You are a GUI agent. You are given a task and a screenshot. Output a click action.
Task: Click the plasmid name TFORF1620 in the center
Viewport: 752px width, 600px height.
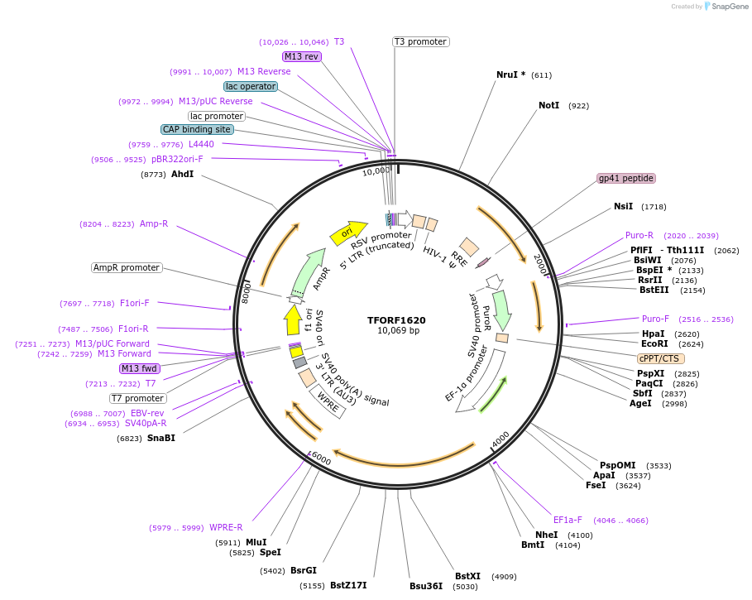click(x=396, y=319)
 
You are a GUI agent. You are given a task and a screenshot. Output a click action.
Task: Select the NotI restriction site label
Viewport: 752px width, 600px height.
click(x=549, y=106)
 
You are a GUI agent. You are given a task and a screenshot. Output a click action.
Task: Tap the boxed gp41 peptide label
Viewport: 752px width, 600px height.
click(x=626, y=178)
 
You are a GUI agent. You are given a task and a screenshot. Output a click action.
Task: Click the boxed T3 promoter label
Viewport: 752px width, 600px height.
click(x=420, y=41)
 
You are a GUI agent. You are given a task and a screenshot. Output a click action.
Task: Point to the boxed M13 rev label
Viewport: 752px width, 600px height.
click(x=301, y=56)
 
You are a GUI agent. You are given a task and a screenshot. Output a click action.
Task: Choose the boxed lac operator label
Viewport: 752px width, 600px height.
click(x=250, y=86)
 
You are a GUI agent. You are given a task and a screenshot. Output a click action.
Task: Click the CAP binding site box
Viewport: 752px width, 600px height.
click(x=197, y=129)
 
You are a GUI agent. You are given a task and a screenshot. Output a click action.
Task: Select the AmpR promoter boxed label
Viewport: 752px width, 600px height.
click(x=127, y=267)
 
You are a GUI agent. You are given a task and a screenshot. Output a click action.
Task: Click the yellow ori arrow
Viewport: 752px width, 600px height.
click(x=348, y=233)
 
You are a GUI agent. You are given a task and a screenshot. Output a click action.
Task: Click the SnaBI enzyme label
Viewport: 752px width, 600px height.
click(x=161, y=438)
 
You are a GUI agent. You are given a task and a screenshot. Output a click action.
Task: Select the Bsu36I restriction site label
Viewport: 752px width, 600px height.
click(x=426, y=586)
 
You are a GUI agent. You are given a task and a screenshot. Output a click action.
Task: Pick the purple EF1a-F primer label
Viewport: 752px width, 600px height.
click(x=568, y=520)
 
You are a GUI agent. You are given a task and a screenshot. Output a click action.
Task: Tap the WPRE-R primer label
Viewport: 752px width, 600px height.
click(x=226, y=527)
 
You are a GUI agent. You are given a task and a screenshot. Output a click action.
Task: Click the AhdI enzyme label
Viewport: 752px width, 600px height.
click(x=182, y=174)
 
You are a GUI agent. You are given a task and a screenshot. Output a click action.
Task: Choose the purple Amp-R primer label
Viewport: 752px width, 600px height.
click(x=154, y=223)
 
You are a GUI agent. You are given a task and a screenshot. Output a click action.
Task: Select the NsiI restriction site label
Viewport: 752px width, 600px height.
click(x=623, y=206)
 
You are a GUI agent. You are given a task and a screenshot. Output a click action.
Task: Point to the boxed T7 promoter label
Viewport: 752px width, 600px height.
click(x=138, y=398)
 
